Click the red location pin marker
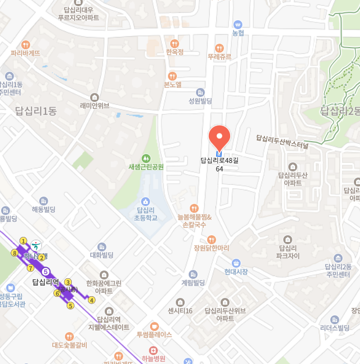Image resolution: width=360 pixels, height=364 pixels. (x=219, y=137)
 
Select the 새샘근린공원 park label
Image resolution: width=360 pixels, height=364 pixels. (x=146, y=166)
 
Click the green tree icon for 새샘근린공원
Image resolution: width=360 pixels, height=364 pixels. (x=146, y=158)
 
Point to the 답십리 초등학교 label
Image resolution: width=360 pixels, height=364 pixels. (x=146, y=214)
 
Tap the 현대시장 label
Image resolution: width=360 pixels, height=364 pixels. (x=236, y=272)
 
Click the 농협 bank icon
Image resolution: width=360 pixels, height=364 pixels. (x=239, y=25)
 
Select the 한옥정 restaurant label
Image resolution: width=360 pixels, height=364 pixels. (x=175, y=52)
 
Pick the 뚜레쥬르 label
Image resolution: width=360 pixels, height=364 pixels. (x=219, y=57)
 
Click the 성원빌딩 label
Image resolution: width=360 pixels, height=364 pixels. (x=200, y=101)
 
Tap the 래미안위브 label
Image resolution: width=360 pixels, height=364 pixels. (x=95, y=105)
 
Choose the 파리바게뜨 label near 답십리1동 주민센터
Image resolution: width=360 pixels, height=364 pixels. (x=25, y=53)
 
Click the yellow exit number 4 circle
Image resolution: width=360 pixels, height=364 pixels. (x=92, y=300)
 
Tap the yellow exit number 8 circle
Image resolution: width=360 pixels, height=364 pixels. (x=15, y=253)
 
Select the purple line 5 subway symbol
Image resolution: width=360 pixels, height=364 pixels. (x=46, y=272)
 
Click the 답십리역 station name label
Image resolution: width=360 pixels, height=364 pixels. (x=45, y=282)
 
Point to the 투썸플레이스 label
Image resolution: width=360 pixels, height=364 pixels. (x=154, y=334)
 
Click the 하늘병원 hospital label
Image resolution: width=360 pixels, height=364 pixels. (x=154, y=358)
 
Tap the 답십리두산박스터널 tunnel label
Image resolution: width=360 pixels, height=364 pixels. (x=282, y=142)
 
